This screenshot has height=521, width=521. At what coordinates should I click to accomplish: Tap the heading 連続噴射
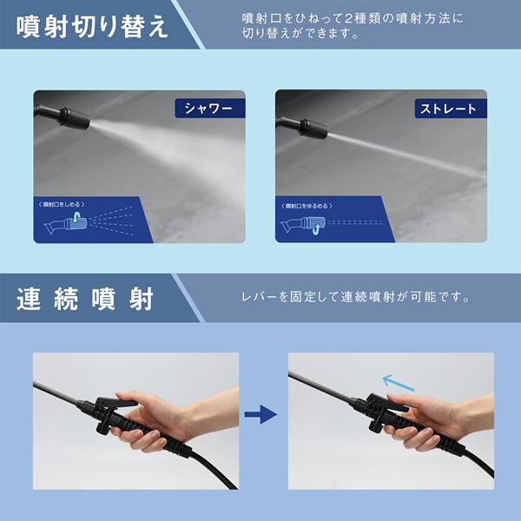click(85, 298)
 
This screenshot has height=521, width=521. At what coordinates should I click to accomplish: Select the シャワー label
click(209, 108)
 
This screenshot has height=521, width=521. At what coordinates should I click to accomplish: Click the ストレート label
click(448, 109)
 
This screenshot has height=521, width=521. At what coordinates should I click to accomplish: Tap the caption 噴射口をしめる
click(69, 203)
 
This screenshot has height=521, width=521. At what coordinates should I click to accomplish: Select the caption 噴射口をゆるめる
click(311, 205)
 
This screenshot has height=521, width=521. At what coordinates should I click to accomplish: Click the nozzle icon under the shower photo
click(69, 225)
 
